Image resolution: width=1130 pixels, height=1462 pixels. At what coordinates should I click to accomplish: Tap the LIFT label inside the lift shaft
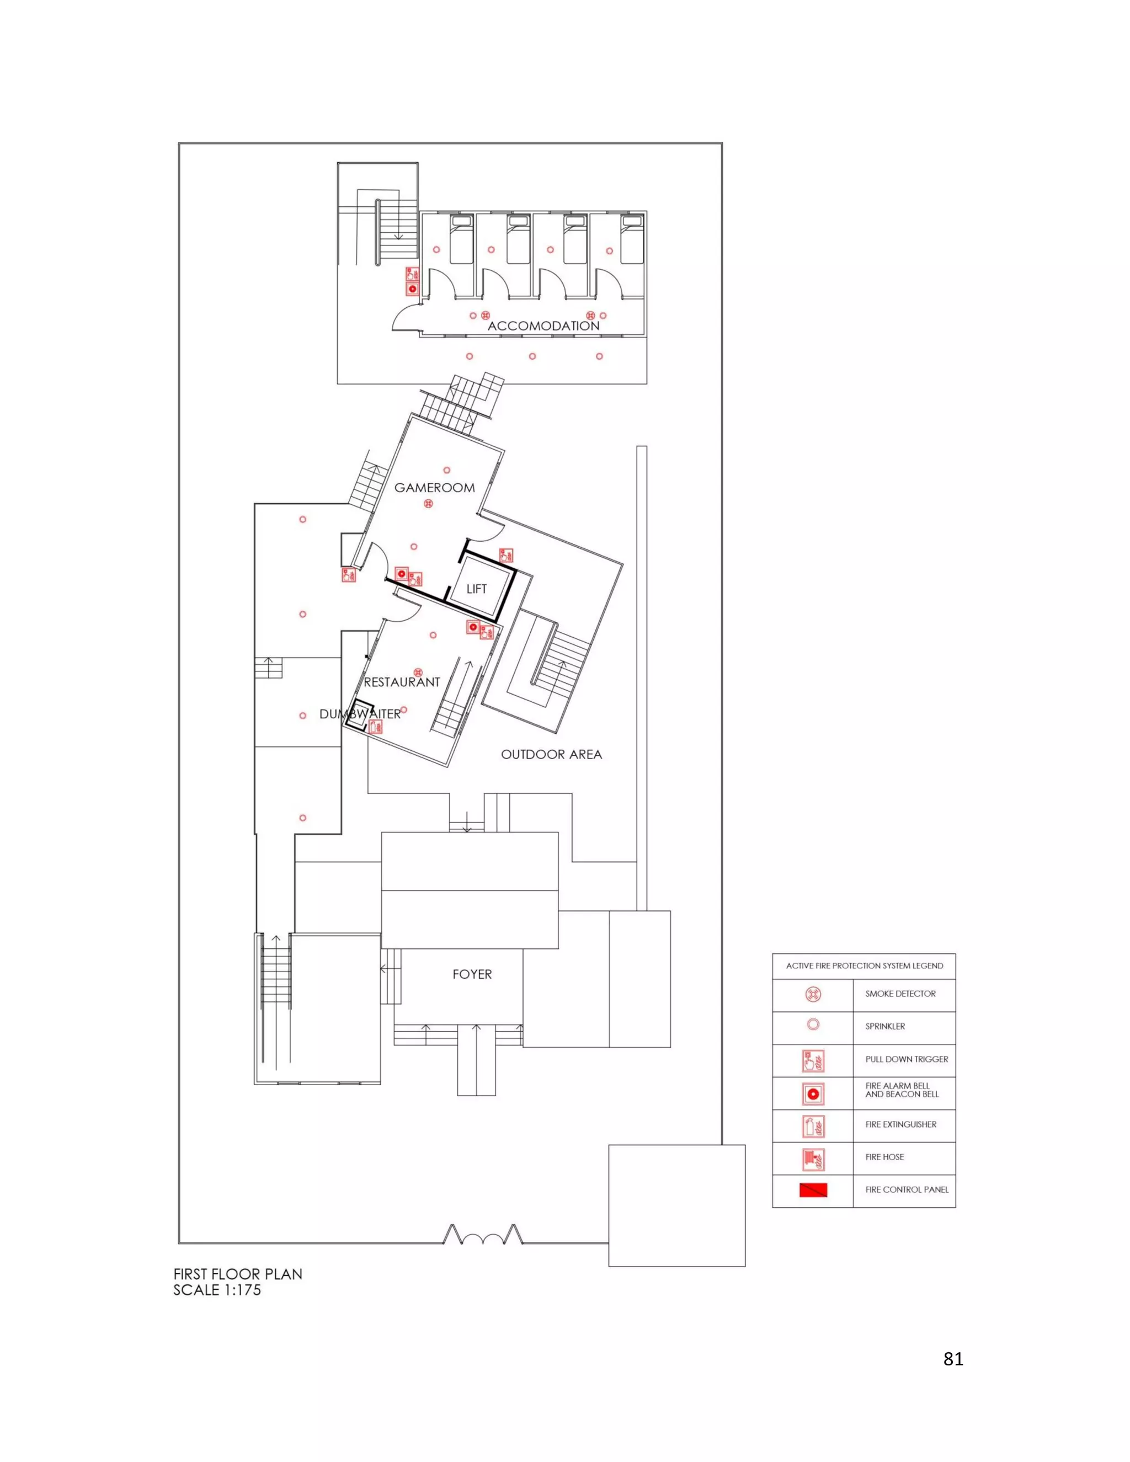(477, 589)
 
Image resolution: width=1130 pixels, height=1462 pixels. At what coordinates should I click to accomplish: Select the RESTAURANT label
(402, 682)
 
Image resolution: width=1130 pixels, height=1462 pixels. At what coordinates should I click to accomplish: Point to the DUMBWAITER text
(360, 714)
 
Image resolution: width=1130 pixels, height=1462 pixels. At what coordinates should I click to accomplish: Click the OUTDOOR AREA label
(552, 754)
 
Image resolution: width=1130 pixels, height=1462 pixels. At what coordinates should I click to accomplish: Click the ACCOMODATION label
(543, 326)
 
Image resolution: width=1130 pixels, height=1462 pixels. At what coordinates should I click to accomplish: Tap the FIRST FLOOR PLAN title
(238, 1274)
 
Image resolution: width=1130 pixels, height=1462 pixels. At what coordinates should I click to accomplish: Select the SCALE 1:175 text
(217, 1290)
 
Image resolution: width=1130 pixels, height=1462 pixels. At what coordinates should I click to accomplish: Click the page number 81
(953, 1358)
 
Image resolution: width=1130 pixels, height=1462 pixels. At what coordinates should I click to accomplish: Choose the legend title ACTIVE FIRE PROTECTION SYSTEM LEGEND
(864, 966)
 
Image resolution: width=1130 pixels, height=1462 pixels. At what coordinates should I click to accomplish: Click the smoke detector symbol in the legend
(813, 994)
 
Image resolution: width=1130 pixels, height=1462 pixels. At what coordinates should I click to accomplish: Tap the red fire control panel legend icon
(813, 1190)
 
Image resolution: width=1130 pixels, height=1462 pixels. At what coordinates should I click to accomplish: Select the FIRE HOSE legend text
(884, 1157)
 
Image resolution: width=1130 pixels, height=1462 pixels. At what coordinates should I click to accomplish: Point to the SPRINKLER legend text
(885, 1026)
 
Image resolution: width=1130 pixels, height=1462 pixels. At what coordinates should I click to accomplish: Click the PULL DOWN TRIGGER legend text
(907, 1059)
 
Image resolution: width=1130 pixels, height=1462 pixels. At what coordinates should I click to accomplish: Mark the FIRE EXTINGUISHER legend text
(900, 1124)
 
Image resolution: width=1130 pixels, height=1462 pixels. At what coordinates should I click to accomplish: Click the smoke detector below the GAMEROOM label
(428, 503)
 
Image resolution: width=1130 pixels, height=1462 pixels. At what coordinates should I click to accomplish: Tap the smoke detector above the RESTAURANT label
(418, 672)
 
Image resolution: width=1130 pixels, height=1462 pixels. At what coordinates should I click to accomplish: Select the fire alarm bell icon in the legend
(813, 1094)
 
